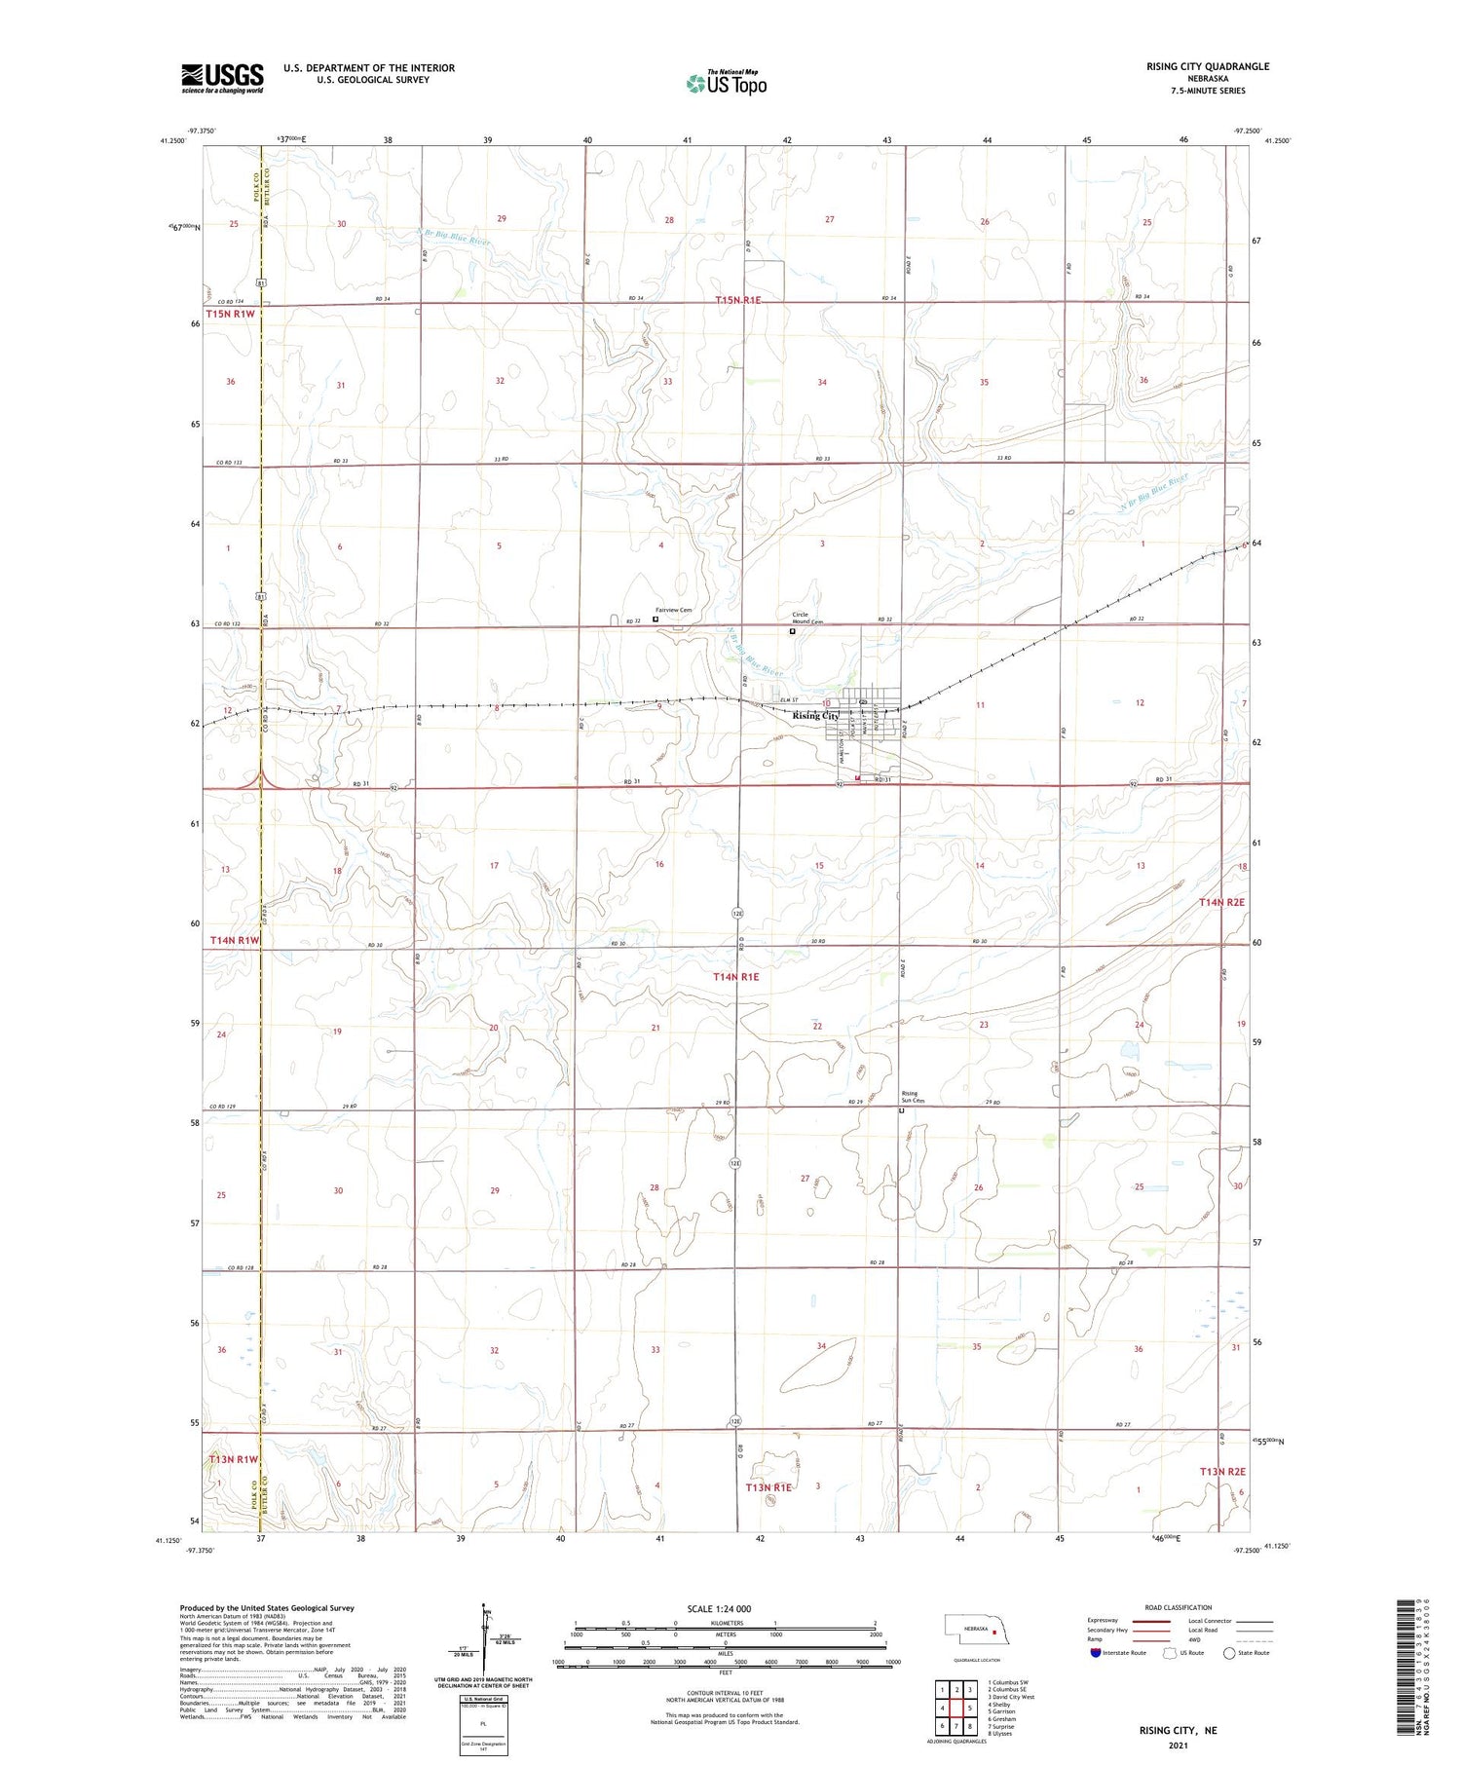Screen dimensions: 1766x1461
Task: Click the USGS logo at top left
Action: pos(222,78)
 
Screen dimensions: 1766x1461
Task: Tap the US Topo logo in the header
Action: pos(727,84)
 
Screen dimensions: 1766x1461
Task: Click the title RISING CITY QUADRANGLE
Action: pos(1208,66)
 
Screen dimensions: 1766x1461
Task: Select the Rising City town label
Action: pos(815,716)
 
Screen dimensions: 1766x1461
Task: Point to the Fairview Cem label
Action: pos(673,611)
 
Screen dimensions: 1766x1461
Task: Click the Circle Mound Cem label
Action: pos(806,619)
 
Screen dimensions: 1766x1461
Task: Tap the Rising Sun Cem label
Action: pos(909,1096)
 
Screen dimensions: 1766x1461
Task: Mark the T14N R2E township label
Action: pos(1221,903)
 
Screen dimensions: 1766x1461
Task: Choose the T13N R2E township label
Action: pos(1222,1472)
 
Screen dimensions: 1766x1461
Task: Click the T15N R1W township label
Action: pos(230,314)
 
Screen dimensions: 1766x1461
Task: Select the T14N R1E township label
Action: pos(735,976)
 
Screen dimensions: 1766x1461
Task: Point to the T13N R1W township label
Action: pos(234,1459)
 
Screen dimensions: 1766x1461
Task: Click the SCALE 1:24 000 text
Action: pos(719,1609)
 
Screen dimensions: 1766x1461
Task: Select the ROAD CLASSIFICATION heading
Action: pos(1179,1607)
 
